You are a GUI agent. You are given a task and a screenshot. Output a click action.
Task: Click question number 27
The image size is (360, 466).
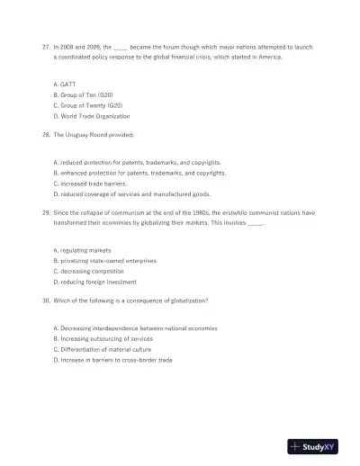(46, 44)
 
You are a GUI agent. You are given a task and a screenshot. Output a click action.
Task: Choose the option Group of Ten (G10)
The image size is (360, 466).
(84, 94)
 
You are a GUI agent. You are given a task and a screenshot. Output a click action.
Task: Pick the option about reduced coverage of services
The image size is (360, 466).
(132, 193)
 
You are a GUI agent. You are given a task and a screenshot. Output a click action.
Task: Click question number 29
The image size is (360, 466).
(46, 213)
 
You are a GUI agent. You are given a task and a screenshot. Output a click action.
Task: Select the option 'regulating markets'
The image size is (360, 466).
(83, 249)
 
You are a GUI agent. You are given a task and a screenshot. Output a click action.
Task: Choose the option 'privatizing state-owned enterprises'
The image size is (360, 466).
(104, 260)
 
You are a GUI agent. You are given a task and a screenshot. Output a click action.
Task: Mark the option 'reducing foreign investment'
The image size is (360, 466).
(95, 282)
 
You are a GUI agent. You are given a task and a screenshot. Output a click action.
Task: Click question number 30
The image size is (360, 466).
(46, 300)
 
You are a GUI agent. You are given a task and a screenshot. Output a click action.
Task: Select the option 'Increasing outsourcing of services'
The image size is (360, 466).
(103, 339)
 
